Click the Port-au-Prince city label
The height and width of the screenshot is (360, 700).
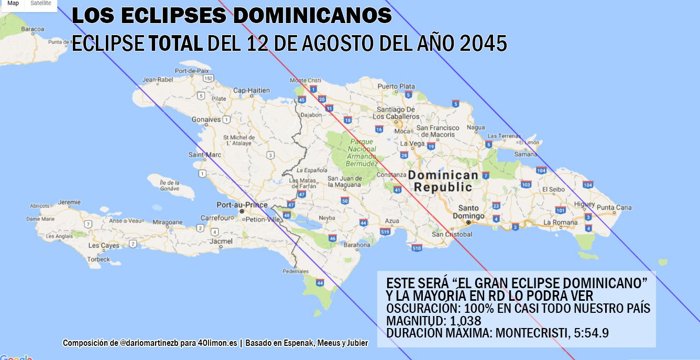(x=242, y=205)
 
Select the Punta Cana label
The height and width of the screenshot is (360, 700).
(x=614, y=208)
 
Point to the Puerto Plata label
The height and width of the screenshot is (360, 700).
(x=396, y=86)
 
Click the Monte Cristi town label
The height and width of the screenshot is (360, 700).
(x=305, y=80)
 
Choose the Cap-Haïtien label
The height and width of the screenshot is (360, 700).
(x=251, y=90)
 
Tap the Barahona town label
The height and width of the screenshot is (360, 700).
(x=357, y=245)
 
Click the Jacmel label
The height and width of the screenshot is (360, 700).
(x=221, y=242)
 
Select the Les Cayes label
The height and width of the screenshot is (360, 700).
(x=103, y=245)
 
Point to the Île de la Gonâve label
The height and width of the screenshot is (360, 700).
(x=170, y=185)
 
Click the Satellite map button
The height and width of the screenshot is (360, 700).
(x=41, y=3)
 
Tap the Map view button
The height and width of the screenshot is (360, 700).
(x=13, y=3)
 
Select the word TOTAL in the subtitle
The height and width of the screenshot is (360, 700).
(x=176, y=44)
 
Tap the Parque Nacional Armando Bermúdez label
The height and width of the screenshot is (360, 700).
(x=362, y=152)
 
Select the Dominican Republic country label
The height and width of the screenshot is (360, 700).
(x=443, y=181)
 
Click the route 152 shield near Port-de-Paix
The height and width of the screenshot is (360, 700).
(x=209, y=78)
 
